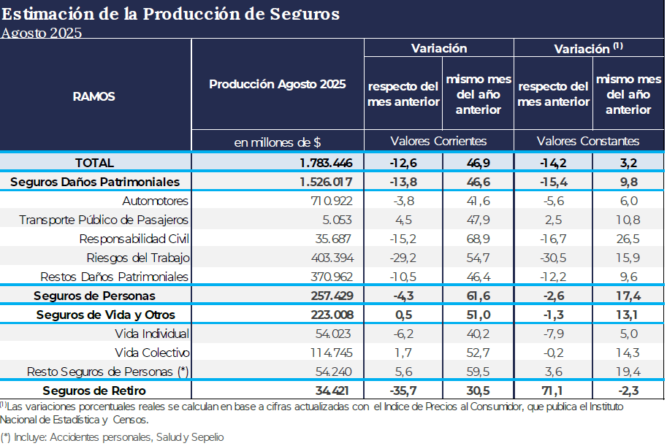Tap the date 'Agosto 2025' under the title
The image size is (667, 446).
41,33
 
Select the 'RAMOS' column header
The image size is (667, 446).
94,96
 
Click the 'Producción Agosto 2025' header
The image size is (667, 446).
278,84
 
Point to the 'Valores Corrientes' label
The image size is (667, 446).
438,141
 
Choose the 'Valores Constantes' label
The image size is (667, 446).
588,141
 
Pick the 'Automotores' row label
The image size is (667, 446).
156,201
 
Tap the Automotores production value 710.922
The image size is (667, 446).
327,201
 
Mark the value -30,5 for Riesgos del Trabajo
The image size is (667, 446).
552,258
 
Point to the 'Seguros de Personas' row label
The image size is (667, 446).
95,296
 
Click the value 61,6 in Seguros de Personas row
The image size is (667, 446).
478,296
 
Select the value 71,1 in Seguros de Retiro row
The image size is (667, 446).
552,391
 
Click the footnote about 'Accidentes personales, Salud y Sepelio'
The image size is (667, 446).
113,437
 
